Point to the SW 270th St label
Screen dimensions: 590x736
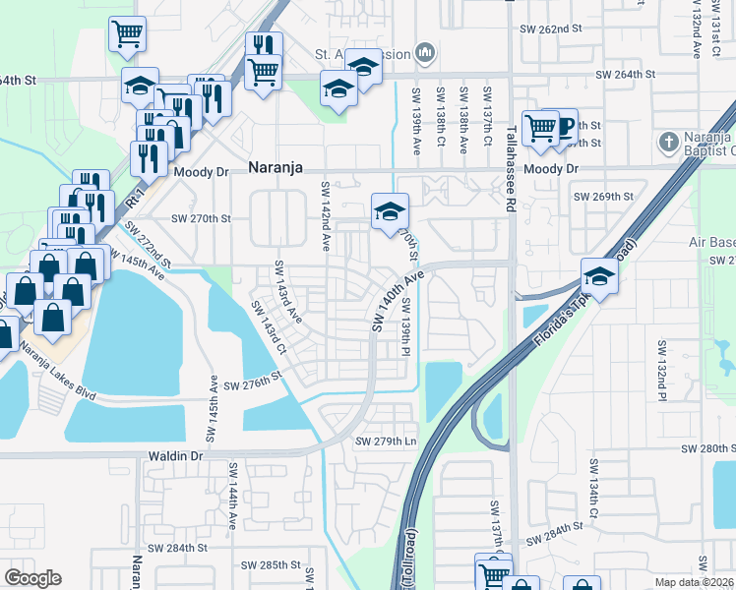point(201,219)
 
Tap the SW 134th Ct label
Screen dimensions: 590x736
point(594,487)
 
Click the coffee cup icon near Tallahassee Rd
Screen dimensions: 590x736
point(565,126)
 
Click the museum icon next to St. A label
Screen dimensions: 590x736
point(425,50)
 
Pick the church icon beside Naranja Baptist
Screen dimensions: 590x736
point(669,142)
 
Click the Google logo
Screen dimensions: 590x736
point(32,578)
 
